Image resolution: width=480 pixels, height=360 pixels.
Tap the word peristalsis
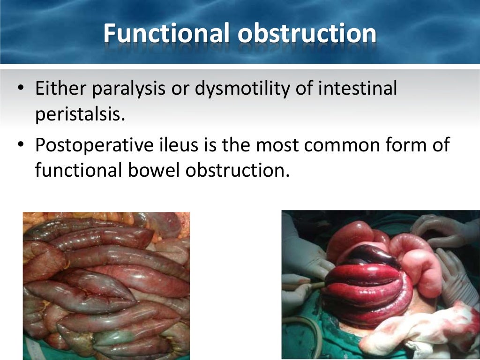coord(80,115)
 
